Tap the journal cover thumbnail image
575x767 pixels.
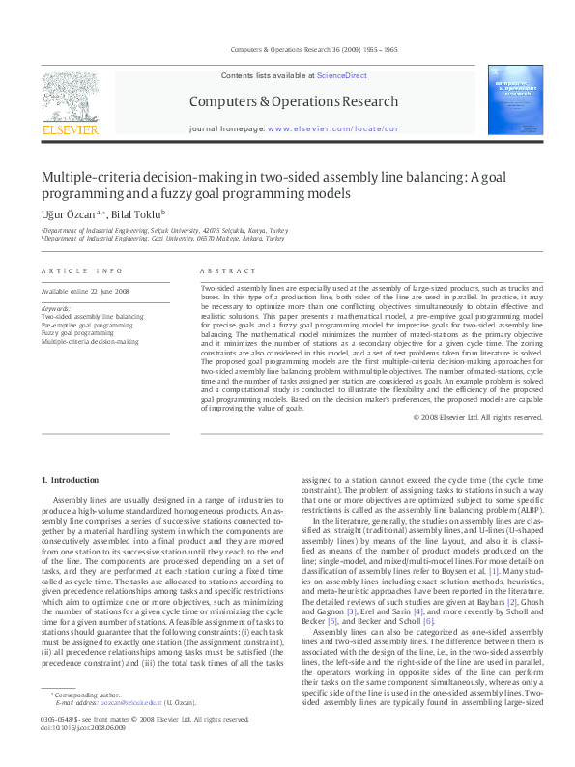[515, 99]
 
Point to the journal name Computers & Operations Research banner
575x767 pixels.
[293, 101]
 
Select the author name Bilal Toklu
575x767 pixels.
[136, 213]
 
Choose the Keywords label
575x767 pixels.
[56, 308]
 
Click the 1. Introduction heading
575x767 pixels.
[73, 480]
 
